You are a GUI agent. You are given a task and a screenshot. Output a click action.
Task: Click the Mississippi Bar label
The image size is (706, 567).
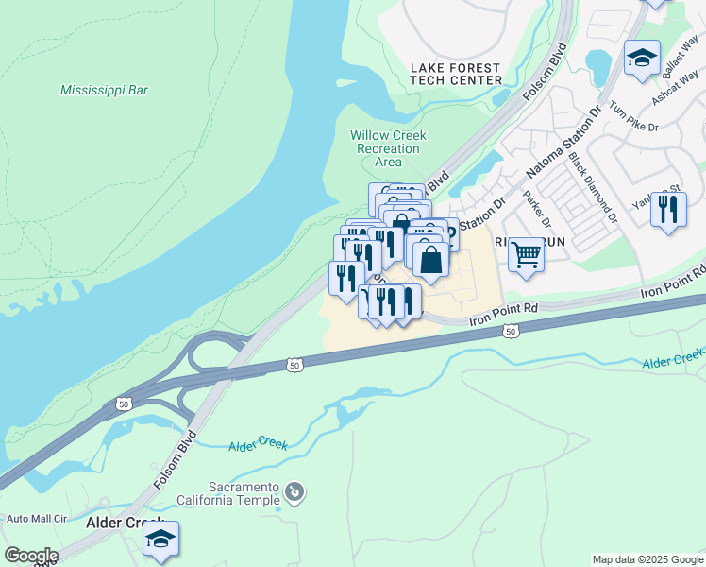click(x=104, y=91)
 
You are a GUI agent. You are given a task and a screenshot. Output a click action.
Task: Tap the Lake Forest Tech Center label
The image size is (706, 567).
click(x=456, y=74)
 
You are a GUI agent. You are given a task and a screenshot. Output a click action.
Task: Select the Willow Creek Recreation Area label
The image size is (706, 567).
click(x=388, y=148)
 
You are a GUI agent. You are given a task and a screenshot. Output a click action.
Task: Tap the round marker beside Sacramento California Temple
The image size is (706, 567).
click(x=295, y=491)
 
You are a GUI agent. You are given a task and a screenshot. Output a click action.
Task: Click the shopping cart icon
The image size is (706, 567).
click(x=526, y=252)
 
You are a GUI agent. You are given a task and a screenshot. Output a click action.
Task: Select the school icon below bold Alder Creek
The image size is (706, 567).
click(x=160, y=539)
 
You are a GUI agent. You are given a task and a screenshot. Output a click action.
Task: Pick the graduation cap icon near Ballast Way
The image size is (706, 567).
click(x=642, y=59)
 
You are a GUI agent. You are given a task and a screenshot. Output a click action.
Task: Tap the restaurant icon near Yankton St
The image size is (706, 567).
click(x=668, y=208)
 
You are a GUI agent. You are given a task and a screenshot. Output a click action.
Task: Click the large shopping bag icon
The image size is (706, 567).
click(x=430, y=260)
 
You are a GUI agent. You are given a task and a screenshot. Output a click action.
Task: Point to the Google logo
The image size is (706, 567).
click(x=30, y=556)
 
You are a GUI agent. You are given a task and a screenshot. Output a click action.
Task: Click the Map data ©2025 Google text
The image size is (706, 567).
click(x=647, y=559)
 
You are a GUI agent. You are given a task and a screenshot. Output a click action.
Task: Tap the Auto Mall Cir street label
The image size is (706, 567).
click(x=37, y=519)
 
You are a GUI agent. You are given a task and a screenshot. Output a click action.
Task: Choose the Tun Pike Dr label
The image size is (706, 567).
click(x=633, y=114)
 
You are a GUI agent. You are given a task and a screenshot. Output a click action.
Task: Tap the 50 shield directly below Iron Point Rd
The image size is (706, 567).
click(x=511, y=332)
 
